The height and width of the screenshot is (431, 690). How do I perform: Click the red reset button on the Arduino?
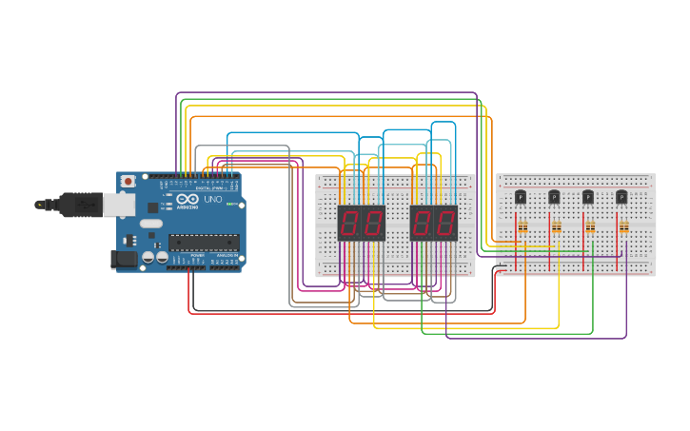[x=128, y=182]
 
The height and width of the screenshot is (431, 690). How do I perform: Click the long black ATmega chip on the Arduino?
[x=203, y=242]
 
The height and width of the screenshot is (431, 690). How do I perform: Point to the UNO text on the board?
[x=212, y=200]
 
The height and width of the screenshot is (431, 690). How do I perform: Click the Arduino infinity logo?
[x=187, y=198]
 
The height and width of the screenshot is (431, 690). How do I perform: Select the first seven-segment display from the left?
[x=349, y=224]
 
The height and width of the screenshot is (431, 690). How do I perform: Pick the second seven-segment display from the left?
[x=372, y=224]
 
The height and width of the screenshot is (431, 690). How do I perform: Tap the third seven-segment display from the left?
[x=422, y=224]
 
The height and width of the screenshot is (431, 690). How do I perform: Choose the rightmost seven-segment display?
[x=444, y=224]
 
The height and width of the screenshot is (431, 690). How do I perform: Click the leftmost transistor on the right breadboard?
[x=521, y=197]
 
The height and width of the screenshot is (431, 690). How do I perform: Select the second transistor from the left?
[x=554, y=197]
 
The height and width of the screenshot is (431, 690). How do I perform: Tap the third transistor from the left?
[x=588, y=197]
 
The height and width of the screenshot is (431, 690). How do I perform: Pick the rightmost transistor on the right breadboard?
[x=621, y=197]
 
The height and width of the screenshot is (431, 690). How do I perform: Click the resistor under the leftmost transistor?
[x=522, y=226]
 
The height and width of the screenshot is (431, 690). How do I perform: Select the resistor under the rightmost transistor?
[x=623, y=226]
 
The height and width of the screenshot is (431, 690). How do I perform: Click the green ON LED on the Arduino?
[x=229, y=204]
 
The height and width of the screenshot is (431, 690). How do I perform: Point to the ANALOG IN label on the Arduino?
[x=226, y=256]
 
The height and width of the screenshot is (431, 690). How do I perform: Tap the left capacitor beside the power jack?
[x=148, y=257]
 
